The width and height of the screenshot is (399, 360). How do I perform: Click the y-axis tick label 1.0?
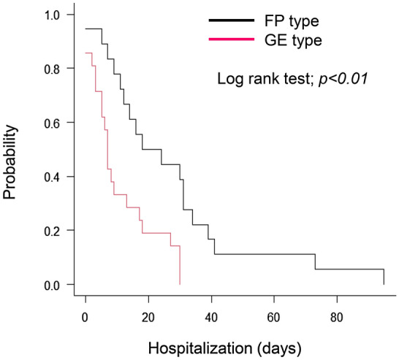[x=56, y=15]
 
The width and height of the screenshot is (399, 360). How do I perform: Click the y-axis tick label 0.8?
[x=56, y=69]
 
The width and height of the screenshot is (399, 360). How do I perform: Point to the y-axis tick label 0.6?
[x=56, y=123]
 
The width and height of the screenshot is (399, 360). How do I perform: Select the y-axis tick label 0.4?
[x=56, y=177]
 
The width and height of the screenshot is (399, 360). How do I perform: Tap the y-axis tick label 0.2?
[x=56, y=231]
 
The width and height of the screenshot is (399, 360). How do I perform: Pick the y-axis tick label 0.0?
[x=56, y=285]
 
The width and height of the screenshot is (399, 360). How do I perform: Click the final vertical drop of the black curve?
[x=384, y=277]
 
